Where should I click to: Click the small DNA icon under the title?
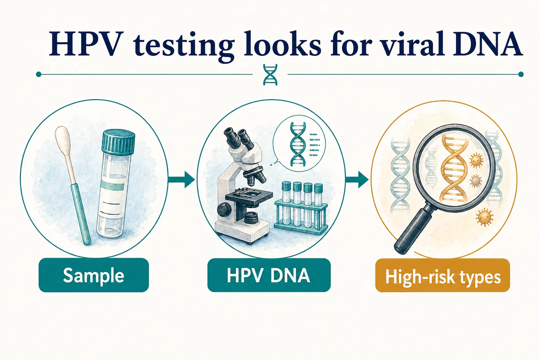click(270, 75)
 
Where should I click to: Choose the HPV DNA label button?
click(269, 275)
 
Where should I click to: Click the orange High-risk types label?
click(442, 276)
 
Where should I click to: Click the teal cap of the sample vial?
click(118, 140)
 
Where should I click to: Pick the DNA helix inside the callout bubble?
click(297, 144)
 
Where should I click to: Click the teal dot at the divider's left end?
click(39, 74)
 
